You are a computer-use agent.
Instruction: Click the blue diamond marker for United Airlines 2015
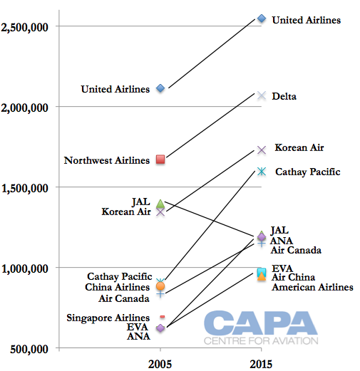click(x=262, y=19)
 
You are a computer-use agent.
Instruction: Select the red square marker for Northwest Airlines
click(x=160, y=160)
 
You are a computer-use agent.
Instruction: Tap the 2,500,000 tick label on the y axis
click(x=24, y=27)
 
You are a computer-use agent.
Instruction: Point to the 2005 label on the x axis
click(x=160, y=364)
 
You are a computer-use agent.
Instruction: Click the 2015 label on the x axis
click(x=261, y=364)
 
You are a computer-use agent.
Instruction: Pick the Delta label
click(x=284, y=96)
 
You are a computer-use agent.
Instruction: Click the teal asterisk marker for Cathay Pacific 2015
click(x=262, y=172)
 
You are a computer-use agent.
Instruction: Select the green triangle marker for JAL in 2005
click(x=160, y=204)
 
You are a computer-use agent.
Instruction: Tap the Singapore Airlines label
click(x=108, y=318)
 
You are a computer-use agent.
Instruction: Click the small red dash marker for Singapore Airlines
click(x=163, y=317)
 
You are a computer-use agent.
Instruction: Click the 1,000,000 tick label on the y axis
click(x=25, y=269)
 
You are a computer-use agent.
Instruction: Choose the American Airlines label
click(x=312, y=287)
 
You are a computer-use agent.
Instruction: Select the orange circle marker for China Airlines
click(x=160, y=286)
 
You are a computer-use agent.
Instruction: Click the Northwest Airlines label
click(x=107, y=160)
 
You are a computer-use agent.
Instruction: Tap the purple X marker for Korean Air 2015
click(x=262, y=150)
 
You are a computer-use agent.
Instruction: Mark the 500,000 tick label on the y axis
click(x=29, y=350)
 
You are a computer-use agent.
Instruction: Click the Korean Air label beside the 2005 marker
click(x=126, y=211)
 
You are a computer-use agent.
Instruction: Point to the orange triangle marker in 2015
click(x=262, y=276)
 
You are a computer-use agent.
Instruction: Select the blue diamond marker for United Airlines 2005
click(x=160, y=88)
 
